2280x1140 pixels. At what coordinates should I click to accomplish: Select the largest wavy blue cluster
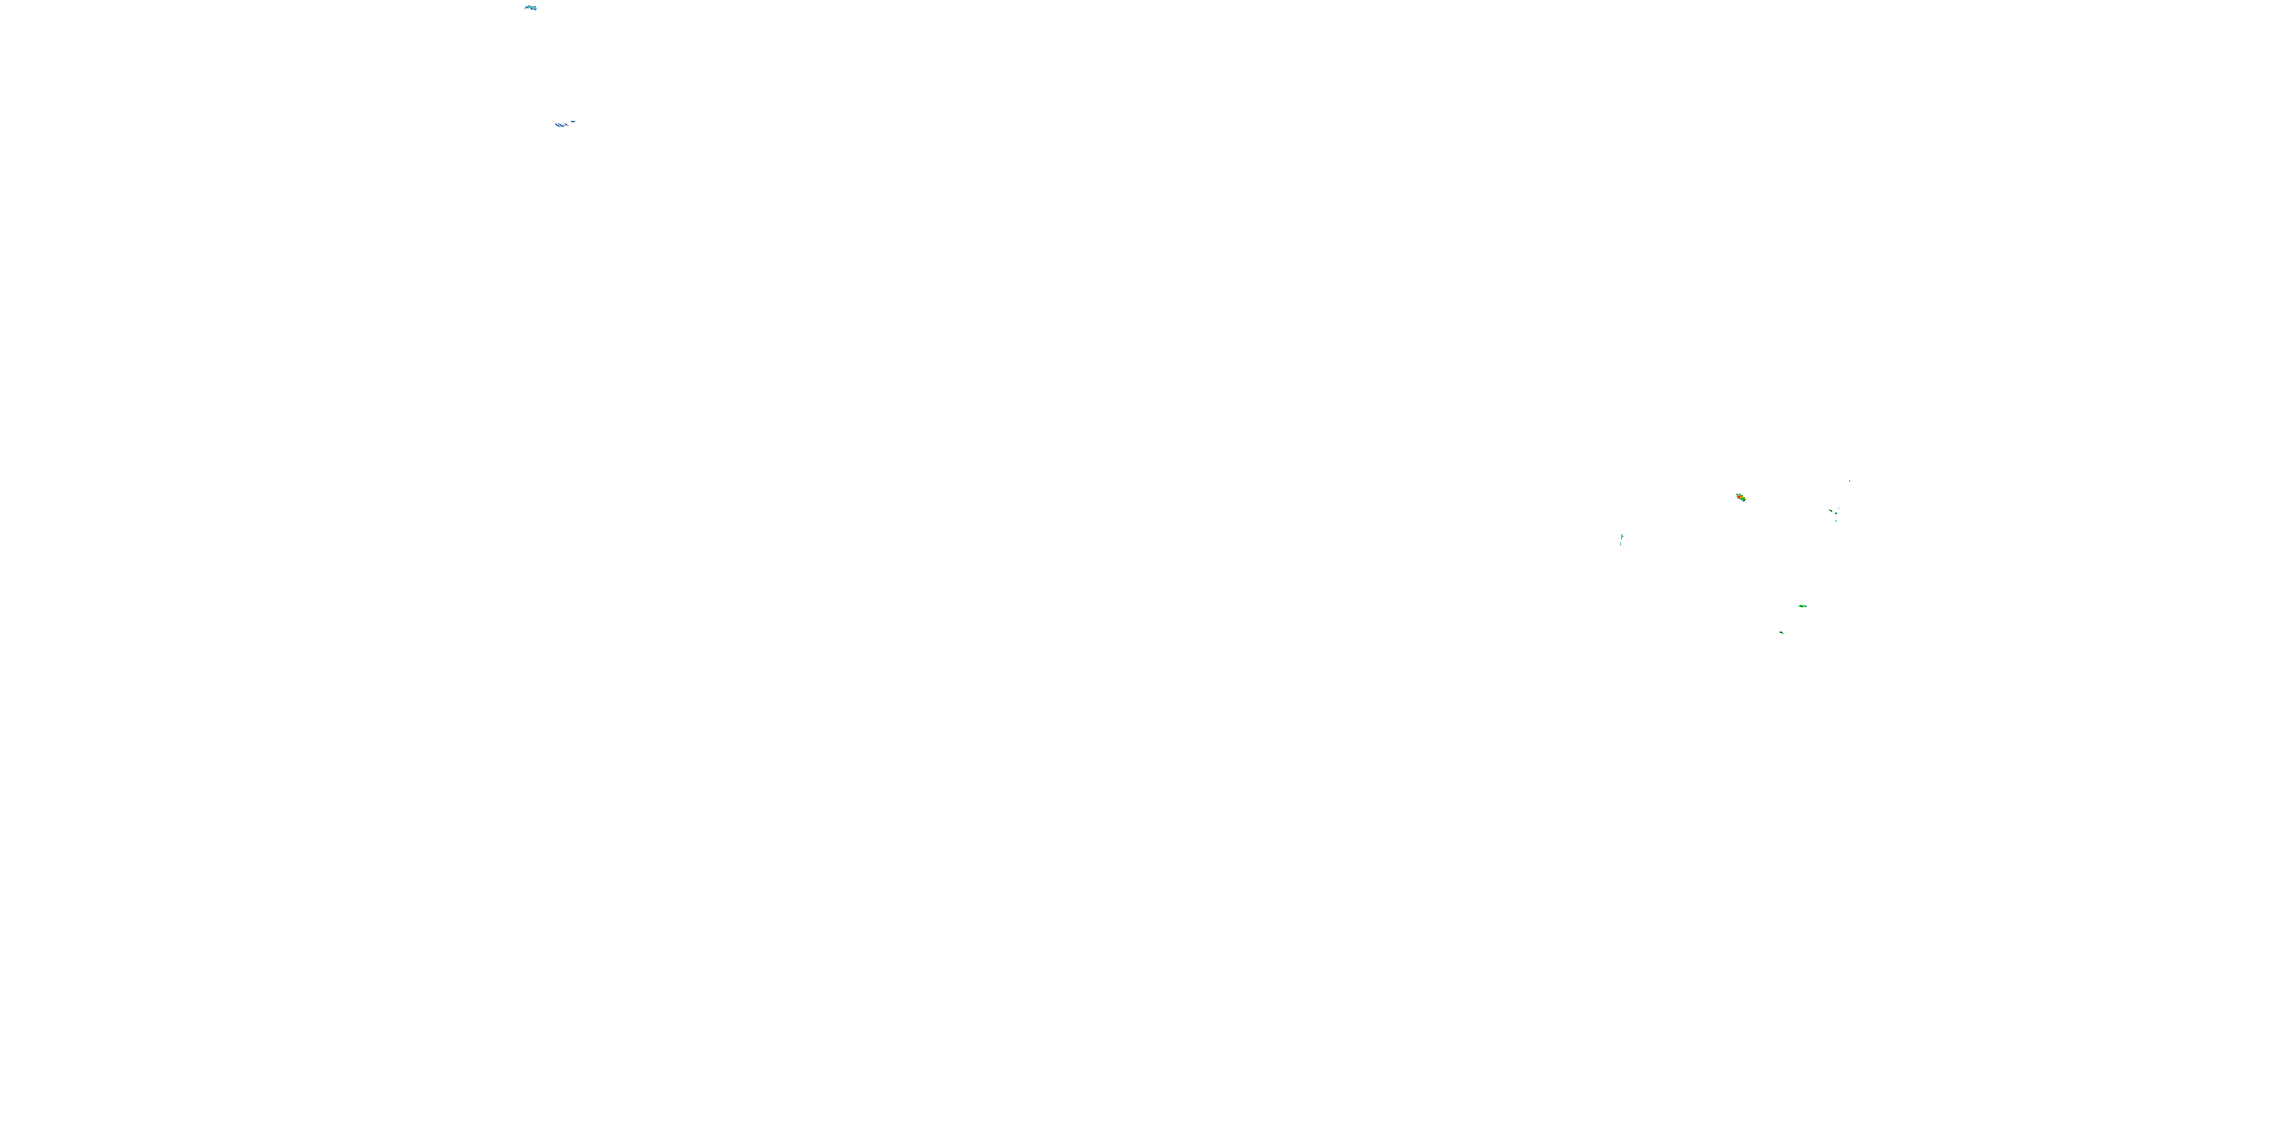point(559,125)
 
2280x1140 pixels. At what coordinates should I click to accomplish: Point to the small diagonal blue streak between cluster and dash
point(566,125)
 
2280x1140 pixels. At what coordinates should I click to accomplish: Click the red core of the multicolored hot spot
point(1740,498)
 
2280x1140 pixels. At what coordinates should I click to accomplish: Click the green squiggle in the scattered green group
point(1832,511)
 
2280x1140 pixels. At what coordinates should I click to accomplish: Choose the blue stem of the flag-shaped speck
point(1622,539)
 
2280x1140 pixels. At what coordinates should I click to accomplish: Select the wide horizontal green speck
point(1802,606)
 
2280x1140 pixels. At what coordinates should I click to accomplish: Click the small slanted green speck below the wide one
point(1781,633)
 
